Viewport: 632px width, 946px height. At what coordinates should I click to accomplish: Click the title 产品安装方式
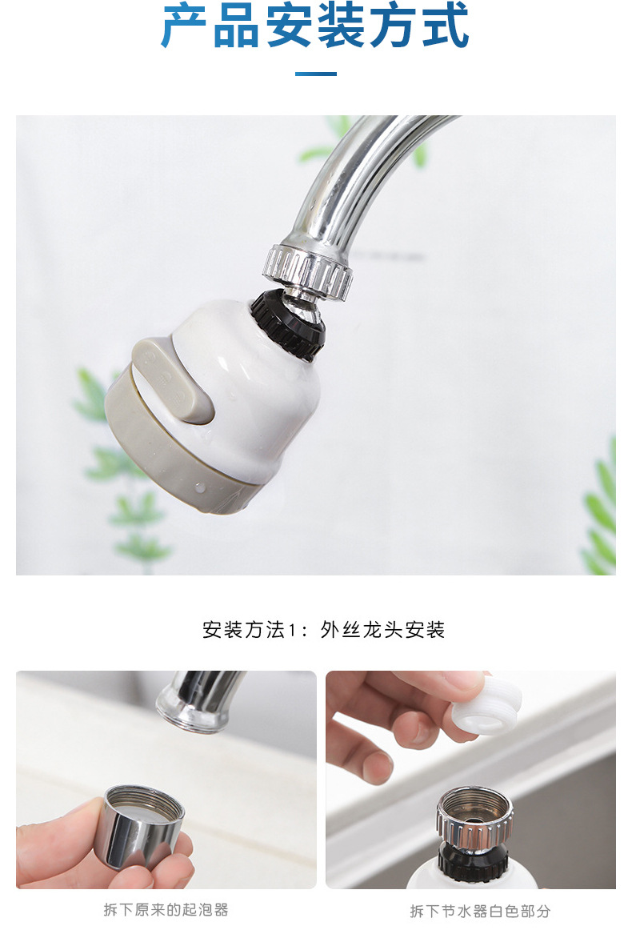click(315, 26)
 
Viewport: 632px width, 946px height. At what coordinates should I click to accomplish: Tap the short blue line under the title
click(315, 74)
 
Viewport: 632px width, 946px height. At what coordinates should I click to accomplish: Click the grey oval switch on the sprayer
click(176, 380)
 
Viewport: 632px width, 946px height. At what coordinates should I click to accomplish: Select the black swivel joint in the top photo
click(289, 323)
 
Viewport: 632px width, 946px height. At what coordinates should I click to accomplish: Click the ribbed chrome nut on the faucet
click(309, 271)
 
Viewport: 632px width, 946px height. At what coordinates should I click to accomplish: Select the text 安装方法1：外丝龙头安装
click(323, 630)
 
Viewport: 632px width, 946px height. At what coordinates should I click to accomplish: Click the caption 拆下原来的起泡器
click(166, 910)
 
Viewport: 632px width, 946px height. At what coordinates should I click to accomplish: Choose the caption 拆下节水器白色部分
click(480, 911)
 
